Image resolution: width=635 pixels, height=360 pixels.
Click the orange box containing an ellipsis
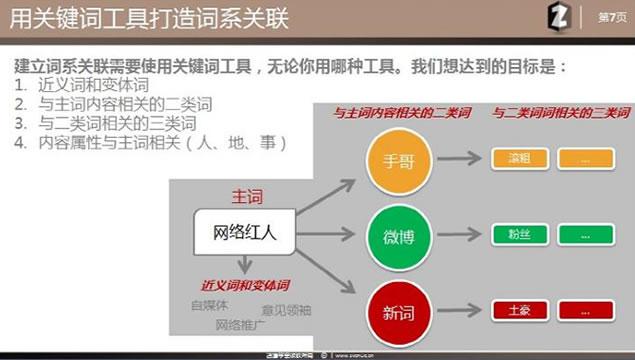(x=585, y=160)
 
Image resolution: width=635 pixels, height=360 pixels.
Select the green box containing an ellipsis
(x=585, y=236)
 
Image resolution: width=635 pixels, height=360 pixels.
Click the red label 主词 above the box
(x=246, y=196)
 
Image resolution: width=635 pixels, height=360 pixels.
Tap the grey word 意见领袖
(x=286, y=310)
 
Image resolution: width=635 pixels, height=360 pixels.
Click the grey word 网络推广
(x=240, y=325)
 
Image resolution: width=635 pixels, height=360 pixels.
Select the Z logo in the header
(x=560, y=18)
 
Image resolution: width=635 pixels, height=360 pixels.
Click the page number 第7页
(x=606, y=18)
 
